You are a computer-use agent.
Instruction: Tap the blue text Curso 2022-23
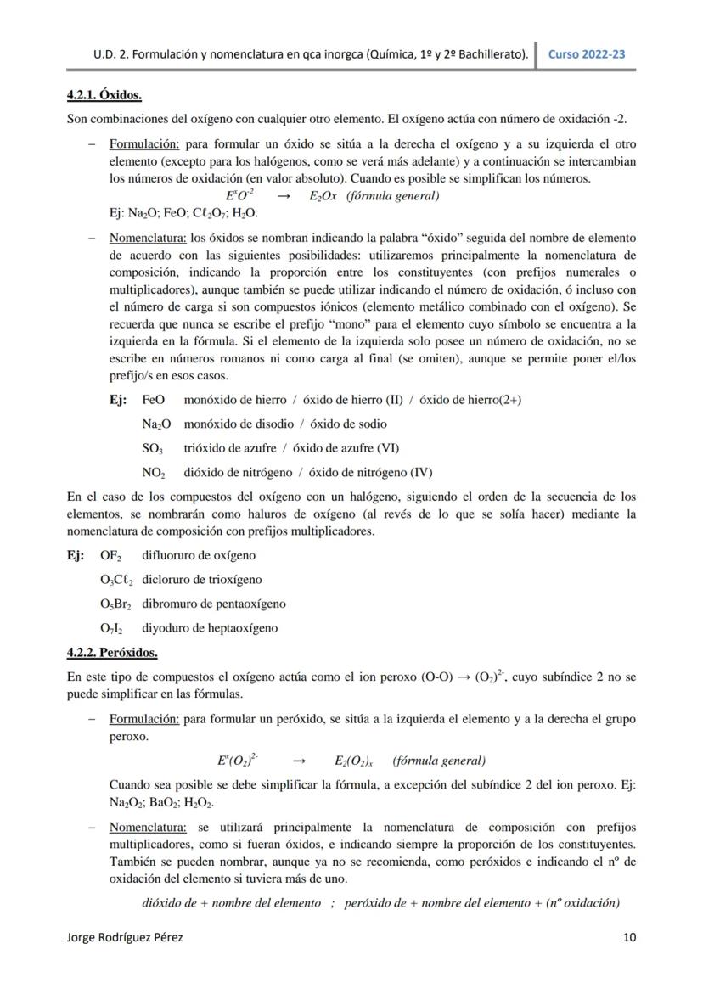pyautogui.click(x=587, y=54)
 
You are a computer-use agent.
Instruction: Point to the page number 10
pyautogui.click(x=628, y=938)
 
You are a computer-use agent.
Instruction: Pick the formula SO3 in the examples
pyautogui.click(x=153, y=448)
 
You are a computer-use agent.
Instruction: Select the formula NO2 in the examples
pyautogui.click(x=154, y=473)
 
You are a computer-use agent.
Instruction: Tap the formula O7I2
pyautogui.click(x=111, y=629)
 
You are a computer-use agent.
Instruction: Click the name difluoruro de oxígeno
pyautogui.click(x=198, y=555)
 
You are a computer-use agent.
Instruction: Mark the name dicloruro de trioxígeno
pyautogui.click(x=201, y=580)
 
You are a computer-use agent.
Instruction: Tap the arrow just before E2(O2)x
pyautogui.click(x=299, y=761)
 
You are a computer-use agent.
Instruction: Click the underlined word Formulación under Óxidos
pyautogui.click(x=143, y=144)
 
